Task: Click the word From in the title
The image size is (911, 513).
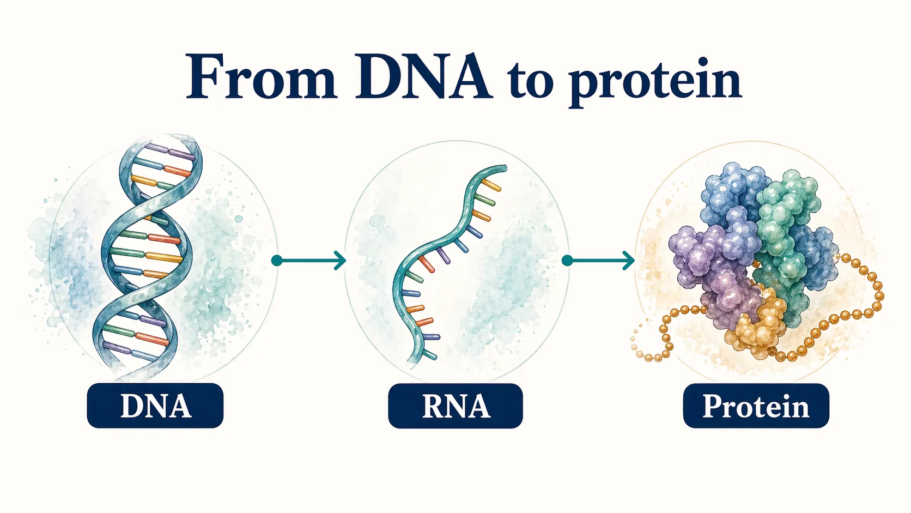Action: [x=260, y=77]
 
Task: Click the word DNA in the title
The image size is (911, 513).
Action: [x=423, y=77]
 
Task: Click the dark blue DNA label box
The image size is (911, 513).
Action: [x=155, y=406]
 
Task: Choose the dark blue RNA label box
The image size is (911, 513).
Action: [x=456, y=406]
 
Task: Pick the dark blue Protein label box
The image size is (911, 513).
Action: [x=756, y=406]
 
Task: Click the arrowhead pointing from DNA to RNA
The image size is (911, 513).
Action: [x=341, y=261]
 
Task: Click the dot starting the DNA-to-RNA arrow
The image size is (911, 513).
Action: [x=277, y=261]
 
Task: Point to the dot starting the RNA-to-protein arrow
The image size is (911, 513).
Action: [x=567, y=261]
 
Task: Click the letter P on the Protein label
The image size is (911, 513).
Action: [x=712, y=406]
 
